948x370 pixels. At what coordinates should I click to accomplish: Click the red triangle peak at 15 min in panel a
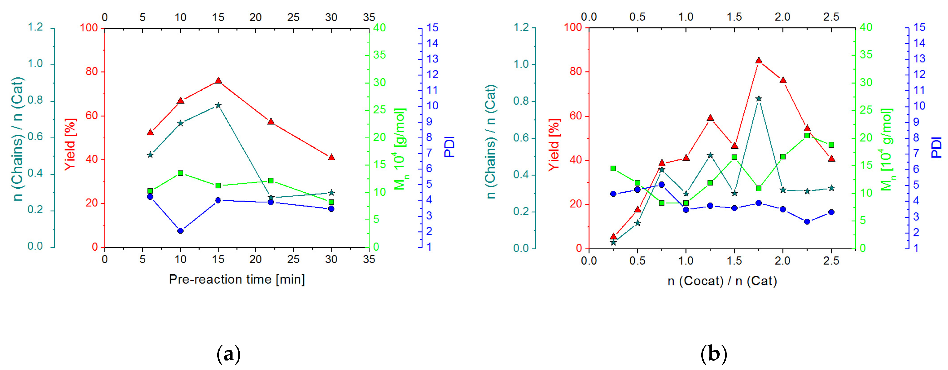point(218,81)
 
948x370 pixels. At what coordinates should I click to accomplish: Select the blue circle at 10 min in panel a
point(180,231)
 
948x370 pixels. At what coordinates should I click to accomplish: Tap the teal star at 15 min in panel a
point(218,105)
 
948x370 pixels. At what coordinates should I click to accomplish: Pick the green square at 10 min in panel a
point(180,173)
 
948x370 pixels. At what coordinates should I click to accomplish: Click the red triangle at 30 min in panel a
point(331,157)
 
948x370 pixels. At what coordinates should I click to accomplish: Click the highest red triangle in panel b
point(758,60)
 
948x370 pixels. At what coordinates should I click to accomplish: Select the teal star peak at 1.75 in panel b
point(758,99)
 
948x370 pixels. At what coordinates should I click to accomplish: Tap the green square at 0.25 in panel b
point(613,168)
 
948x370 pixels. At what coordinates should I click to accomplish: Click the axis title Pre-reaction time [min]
point(237,279)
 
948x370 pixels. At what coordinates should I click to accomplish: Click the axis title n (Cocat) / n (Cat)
point(722,281)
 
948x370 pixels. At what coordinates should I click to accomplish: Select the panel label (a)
point(229,354)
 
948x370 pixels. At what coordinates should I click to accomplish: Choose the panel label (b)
point(714,354)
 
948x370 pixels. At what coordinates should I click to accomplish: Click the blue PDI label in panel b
point(937,147)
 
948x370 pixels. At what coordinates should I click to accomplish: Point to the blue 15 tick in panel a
point(432,28)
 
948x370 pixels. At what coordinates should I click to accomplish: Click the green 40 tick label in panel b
point(866,27)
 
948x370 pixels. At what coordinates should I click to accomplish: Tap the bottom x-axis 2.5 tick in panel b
point(831,261)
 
